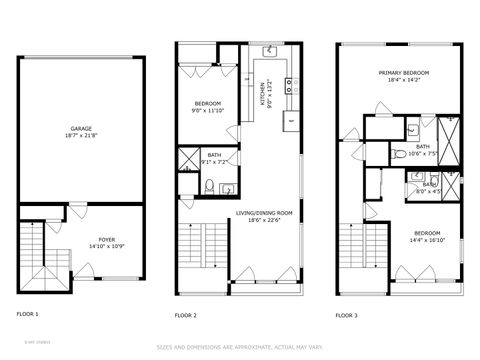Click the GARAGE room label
(81, 129)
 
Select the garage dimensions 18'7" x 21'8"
(81, 136)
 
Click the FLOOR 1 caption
(28, 314)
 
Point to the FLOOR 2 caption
(187, 314)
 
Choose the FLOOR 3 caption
(347, 314)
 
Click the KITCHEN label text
(264, 93)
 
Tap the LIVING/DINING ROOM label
(264, 213)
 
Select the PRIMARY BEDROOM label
(404, 73)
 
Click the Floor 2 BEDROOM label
(209, 103)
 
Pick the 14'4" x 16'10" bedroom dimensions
(426, 240)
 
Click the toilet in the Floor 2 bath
(209, 186)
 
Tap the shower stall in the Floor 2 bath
(189, 159)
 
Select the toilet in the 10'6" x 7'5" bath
(412, 128)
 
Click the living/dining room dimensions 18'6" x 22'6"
(264, 220)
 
